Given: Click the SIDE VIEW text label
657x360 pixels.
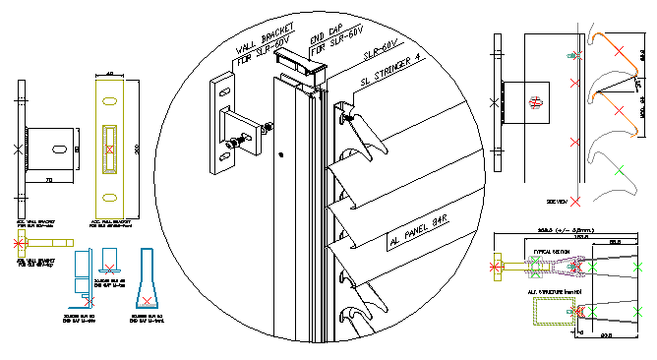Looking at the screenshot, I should pyautogui.click(x=556, y=201).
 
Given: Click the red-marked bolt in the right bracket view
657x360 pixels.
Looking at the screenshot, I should pyautogui.click(x=535, y=101).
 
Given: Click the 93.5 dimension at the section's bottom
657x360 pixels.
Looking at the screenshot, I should pyautogui.click(x=606, y=335).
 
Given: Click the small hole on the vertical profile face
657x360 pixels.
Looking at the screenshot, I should pyautogui.click(x=281, y=154).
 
